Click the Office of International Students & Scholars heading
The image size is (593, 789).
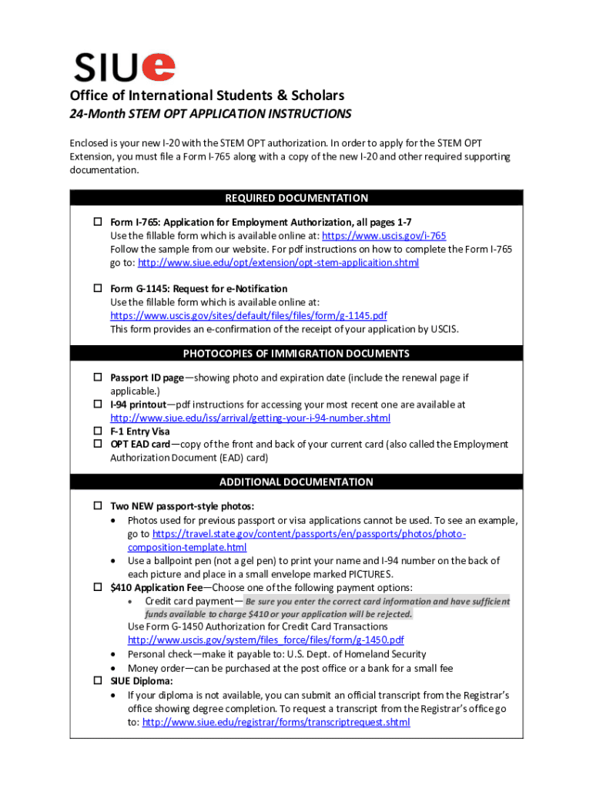pyautogui.click(x=207, y=96)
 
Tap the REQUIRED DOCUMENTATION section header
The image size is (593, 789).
pyautogui.click(x=296, y=198)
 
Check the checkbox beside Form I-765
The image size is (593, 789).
pyautogui.click(x=98, y=222)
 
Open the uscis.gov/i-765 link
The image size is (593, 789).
pyautogui.click(x=384, y=236)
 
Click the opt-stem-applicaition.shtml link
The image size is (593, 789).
pyautogui.click(x=278, y=263)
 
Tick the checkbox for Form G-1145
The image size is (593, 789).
pyautogui.click(x=98, y=288)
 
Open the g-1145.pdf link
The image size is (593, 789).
pyautogui.click(x=248, y=316)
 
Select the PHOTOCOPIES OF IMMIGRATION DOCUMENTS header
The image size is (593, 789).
pyautogui.click(x=296, y=354)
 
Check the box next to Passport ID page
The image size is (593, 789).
pyautogui.click(x=98, y=378)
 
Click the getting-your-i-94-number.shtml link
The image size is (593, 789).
pyautogui.click(x=250, y=418)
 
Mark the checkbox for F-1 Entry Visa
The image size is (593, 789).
pyautogui.click(x=98, y=431)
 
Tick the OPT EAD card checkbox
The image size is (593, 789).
pyautogui.click(x=98, y=445)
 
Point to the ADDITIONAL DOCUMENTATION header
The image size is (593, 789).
pyautogui.click(x=296, y=482)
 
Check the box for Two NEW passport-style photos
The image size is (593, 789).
pyautogui.click(x=98, y=506)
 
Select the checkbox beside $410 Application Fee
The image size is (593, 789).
pyautogui.click(x=98, y=587)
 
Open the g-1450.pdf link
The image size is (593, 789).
pyautogui.click(x=266, y=640)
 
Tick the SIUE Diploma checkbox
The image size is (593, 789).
pyautogui.click(x=98, y=681)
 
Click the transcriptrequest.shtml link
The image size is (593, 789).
pyautogui.click(x=276, y=722)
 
